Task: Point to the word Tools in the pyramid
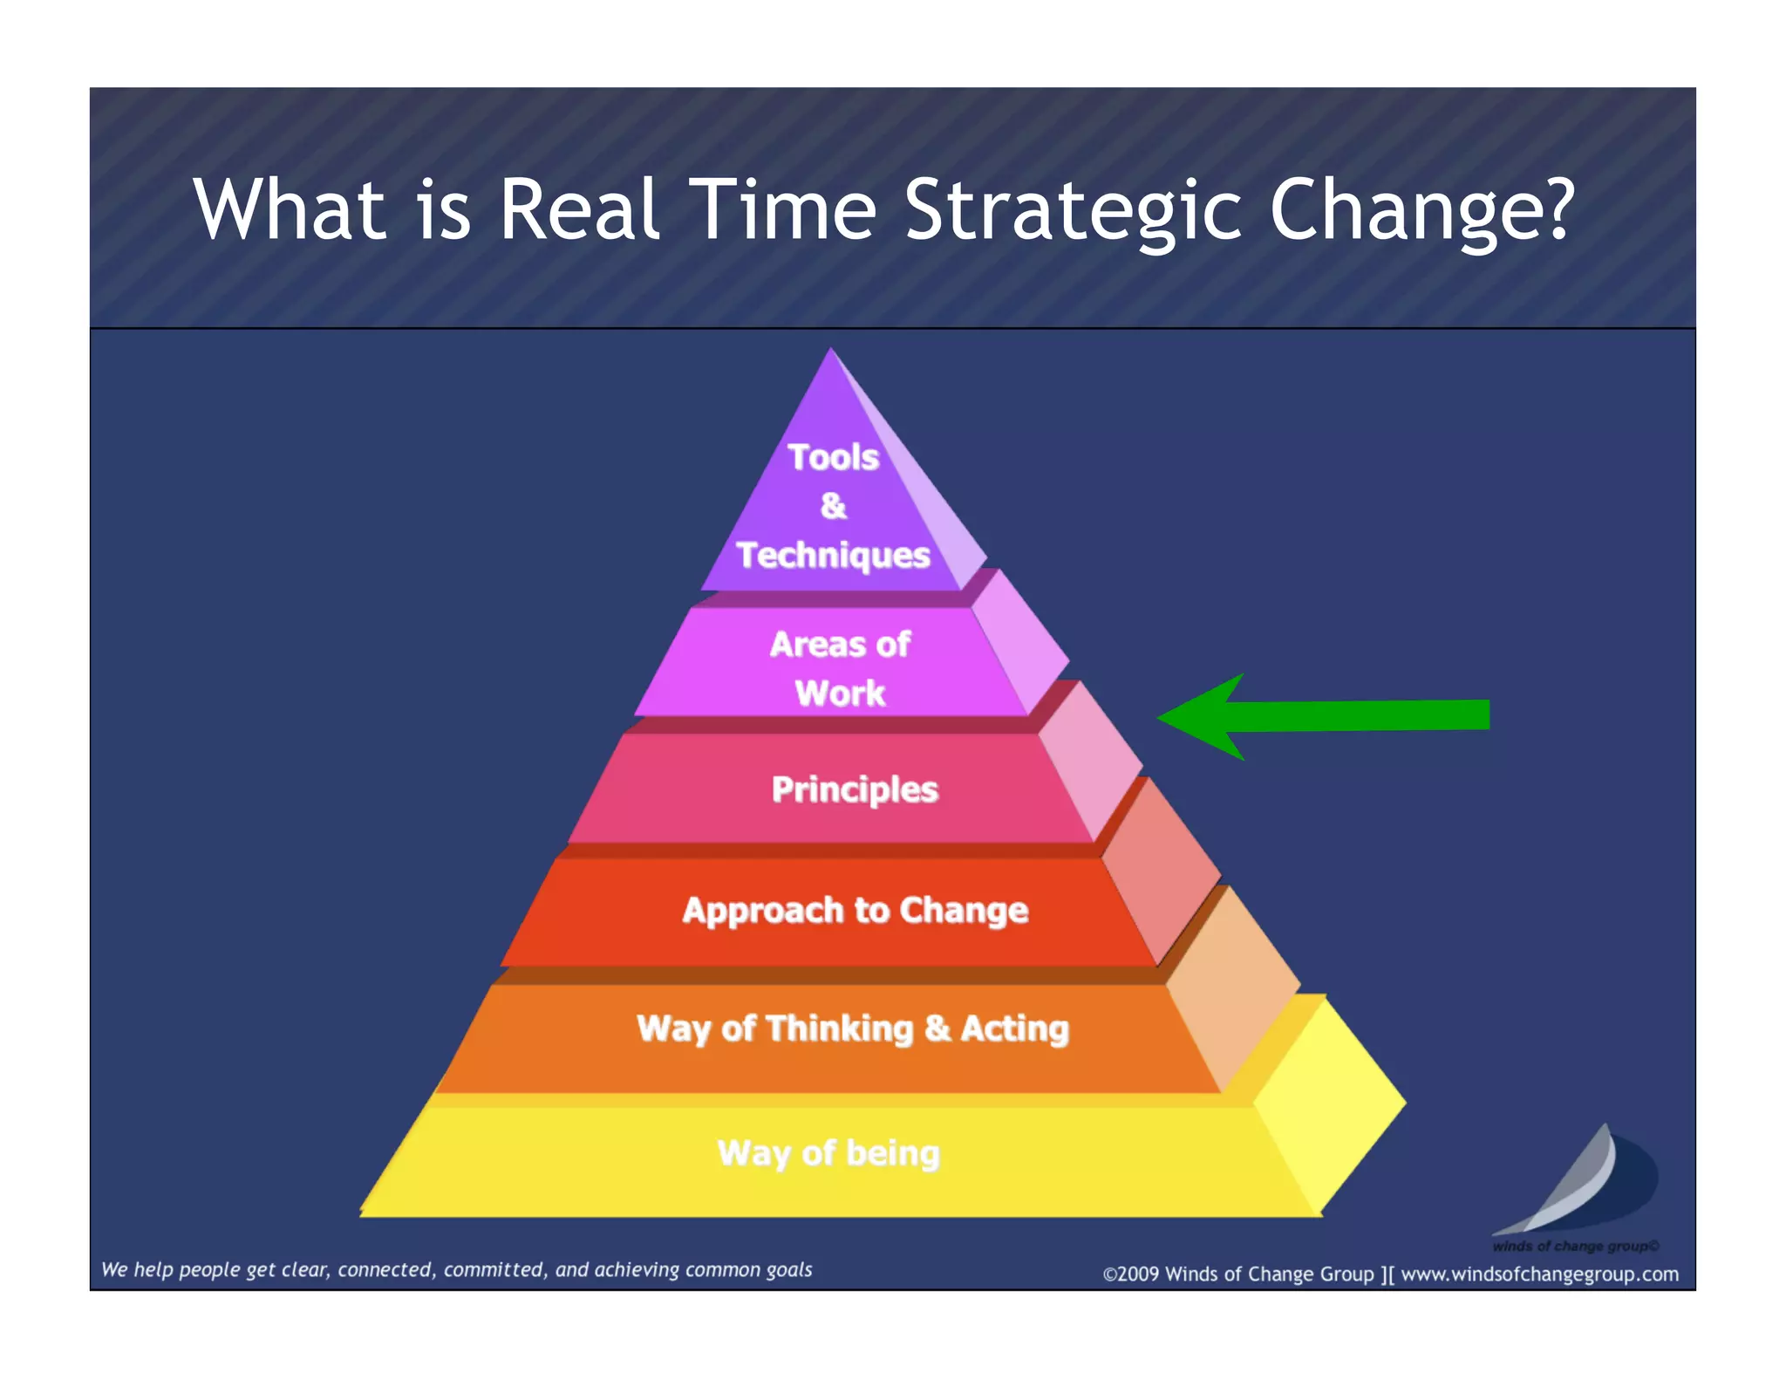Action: point(833,457)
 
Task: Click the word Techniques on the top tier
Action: point(833,555)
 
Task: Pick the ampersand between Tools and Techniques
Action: point(833,506)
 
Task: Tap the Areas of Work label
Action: point(840,668)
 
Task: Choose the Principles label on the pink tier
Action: point(855,789)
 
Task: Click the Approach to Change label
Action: point(856,911)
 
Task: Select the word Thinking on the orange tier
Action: point(840,1029)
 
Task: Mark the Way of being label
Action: point(828,1153)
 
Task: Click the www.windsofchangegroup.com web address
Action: point(1539,1274)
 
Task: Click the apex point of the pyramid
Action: point(831,350)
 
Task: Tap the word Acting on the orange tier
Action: point(1014,1029)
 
